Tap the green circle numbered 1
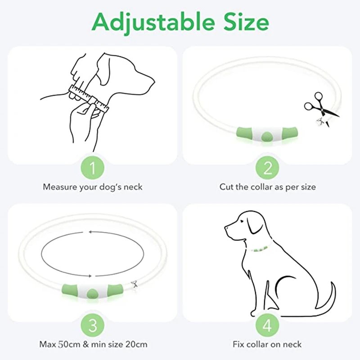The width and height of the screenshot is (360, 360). pyautogui.click(x=93, y=168)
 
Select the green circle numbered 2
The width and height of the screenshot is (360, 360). pyautogui.click(x=268, y=168)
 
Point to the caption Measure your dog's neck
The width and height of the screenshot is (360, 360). pyautogui.click(x=93, y=186)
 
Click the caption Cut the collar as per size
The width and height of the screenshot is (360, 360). pyautogui.click(x=268, y=186)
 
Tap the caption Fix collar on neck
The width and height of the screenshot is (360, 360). pyautogui.click(x=267, y=345)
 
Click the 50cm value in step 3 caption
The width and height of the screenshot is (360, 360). pyautogui.click(x=68, y=345)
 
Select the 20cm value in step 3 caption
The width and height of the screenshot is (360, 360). pyautogui.click(x=136, y=345)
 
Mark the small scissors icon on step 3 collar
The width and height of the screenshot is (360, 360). pyautogui.click(x=134, y=283)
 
